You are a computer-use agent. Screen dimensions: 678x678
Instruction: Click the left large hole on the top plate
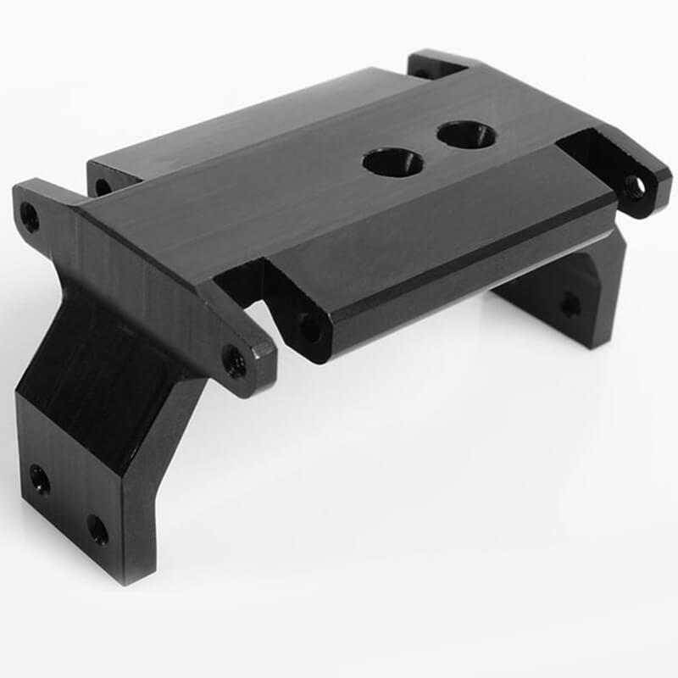[x=392, y=161]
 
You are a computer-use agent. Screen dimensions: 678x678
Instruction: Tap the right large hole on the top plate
[x=467, y=133]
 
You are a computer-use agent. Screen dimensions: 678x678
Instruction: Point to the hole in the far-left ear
[x=30, y=217]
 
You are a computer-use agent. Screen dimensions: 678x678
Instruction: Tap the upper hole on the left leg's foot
[x=40, y=481]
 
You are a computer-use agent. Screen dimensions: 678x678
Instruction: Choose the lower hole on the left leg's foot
[x=97, y=530]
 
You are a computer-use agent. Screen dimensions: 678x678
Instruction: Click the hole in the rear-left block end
[x=103, y=186]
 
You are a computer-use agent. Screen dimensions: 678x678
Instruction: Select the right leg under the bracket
[x=576, y=297]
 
